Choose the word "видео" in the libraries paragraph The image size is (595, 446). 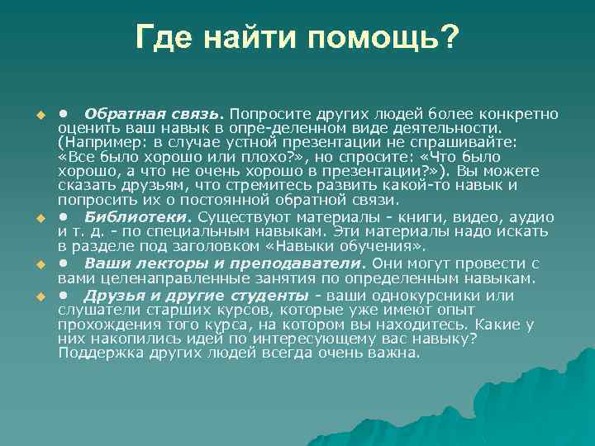[469, 217]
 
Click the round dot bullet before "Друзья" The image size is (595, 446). [63, 295]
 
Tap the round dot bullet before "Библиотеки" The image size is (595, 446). [63, 217]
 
